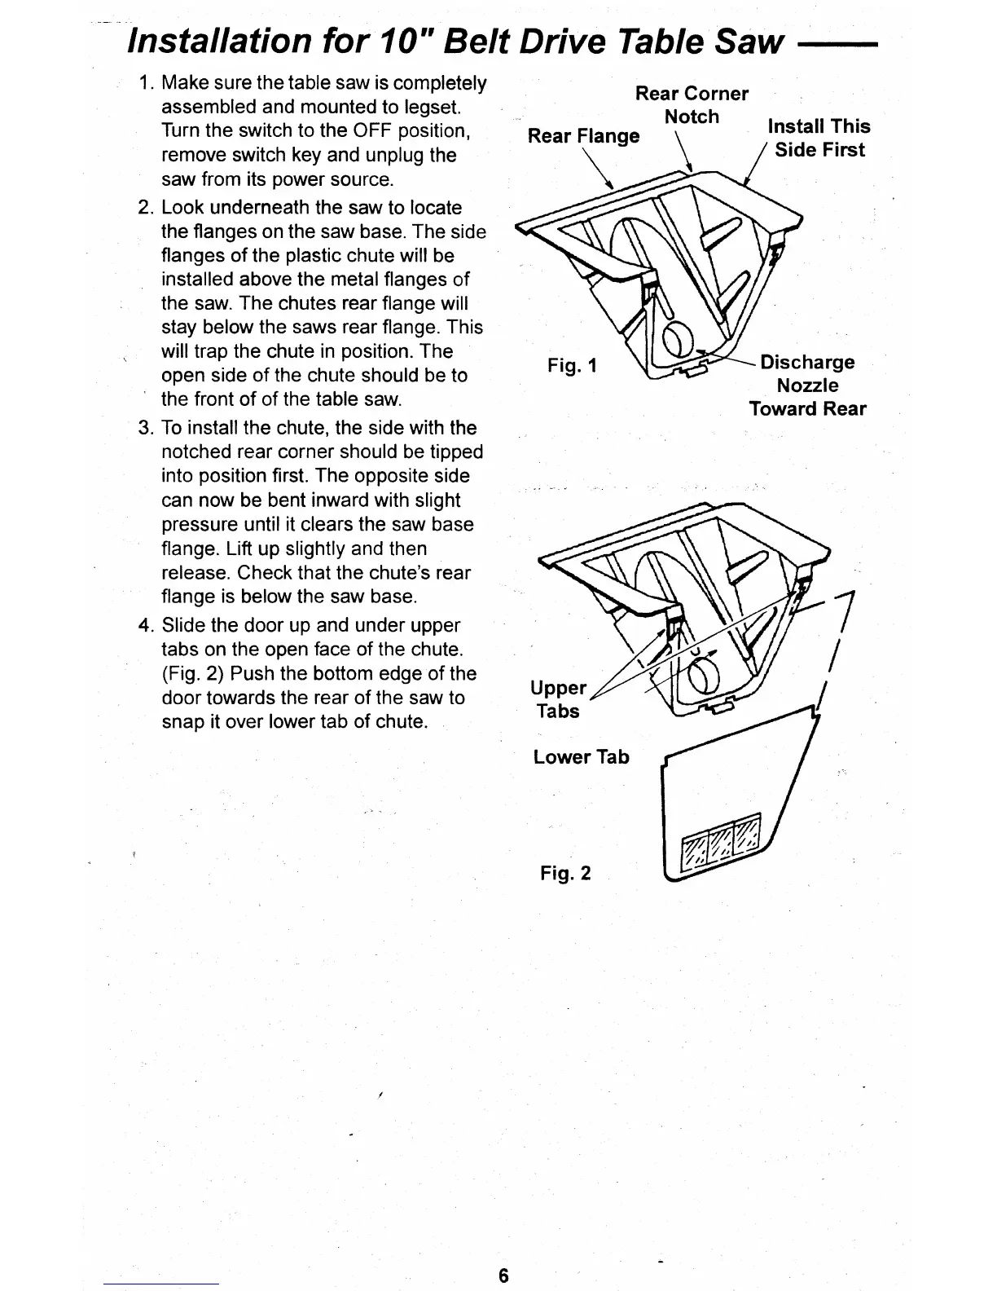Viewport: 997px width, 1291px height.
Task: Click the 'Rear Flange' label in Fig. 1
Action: click(x=583, y=136)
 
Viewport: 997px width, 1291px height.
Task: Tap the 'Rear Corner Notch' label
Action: click(x=692, y=105)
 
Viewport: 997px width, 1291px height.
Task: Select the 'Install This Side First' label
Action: click(x=819, y=138)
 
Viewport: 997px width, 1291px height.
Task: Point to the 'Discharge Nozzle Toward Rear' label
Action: click(x=807, y=386)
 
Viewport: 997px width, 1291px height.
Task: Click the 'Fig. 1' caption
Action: click(x=572, y=366)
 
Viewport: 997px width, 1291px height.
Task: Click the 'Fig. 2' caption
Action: click(x=565, y=874)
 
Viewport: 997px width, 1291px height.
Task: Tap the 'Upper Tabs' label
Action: click(x=559, y=699)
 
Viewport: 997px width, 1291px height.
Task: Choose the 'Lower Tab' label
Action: click(x=581, y=757)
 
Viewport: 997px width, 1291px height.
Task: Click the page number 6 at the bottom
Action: click(x=503, y=1276)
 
